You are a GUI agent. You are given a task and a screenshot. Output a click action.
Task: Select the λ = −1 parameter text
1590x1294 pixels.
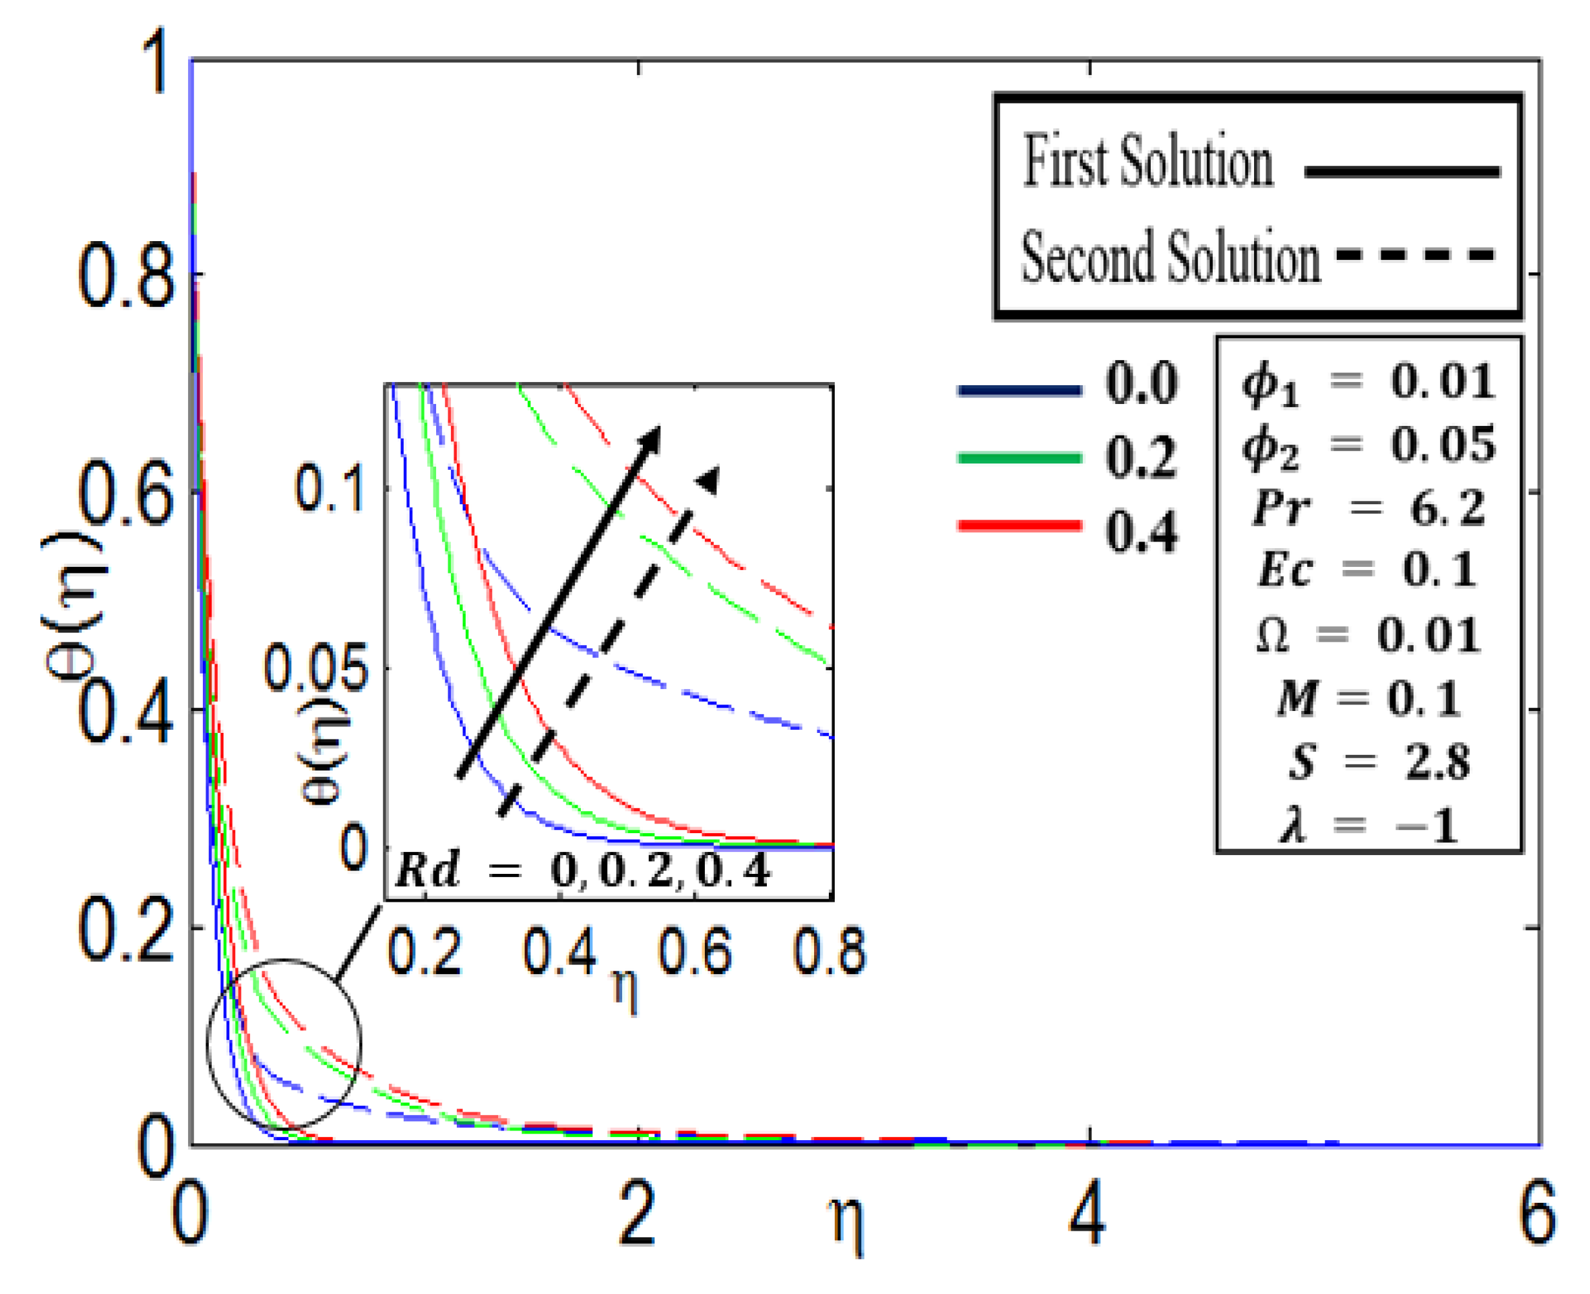[1367, 826]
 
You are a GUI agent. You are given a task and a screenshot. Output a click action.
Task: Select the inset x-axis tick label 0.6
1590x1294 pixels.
[695, 952]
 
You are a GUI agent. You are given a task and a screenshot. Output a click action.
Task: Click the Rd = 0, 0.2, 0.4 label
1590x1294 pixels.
[582, 869]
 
